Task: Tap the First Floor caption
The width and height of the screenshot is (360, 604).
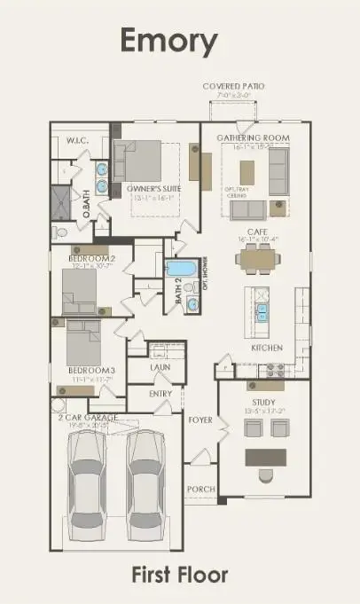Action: pyautogui.click(x=179, y=576)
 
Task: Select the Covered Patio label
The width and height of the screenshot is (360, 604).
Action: pyautogui.click(x=233, y=87)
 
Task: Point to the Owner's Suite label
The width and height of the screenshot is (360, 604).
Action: pyautogui.click(x=148, y=188)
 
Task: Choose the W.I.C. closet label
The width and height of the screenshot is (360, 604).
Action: pyautogui.click(x=75, y=139)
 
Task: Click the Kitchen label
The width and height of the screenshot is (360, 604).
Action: pyautogui.click(x=266, y=348)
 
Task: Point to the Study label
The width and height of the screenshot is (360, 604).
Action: pyautogui.click(x=264, y=402)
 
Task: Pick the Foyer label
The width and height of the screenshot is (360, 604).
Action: pyautogui.click(x=200, y=420)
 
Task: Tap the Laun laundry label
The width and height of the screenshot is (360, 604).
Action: pyautogui.click(x=160, y=365)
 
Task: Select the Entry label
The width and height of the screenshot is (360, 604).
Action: pyautogui.click(x=160, y=394)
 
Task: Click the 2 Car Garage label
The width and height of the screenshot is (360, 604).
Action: pyautogui.click(x=88, y=415)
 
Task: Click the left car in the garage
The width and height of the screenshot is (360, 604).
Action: pyautogui.click(x=89, y=477)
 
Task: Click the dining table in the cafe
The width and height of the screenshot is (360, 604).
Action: pyautogui.click(x=257, y=259)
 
